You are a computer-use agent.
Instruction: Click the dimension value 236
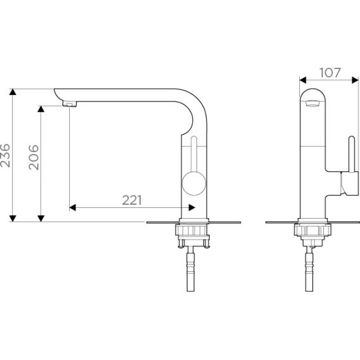point(5,155)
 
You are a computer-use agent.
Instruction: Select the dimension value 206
point(34,157)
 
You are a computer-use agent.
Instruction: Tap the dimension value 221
point(132,200)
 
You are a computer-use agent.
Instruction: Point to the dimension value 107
point(330,73)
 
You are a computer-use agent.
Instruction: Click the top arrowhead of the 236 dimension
point(13,92)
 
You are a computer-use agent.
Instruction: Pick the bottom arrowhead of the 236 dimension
point(13,219)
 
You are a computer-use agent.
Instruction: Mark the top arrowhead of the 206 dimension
point(41,109)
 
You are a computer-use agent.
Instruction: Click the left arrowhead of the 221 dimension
point(72,207)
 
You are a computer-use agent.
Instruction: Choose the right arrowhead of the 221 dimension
point(192,207)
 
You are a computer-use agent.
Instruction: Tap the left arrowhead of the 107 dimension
point(303,80)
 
